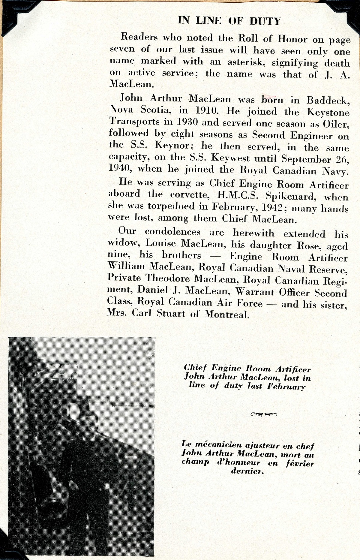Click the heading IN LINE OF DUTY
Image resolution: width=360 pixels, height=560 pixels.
[229, 21]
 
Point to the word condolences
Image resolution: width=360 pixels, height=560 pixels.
[172, 232]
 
